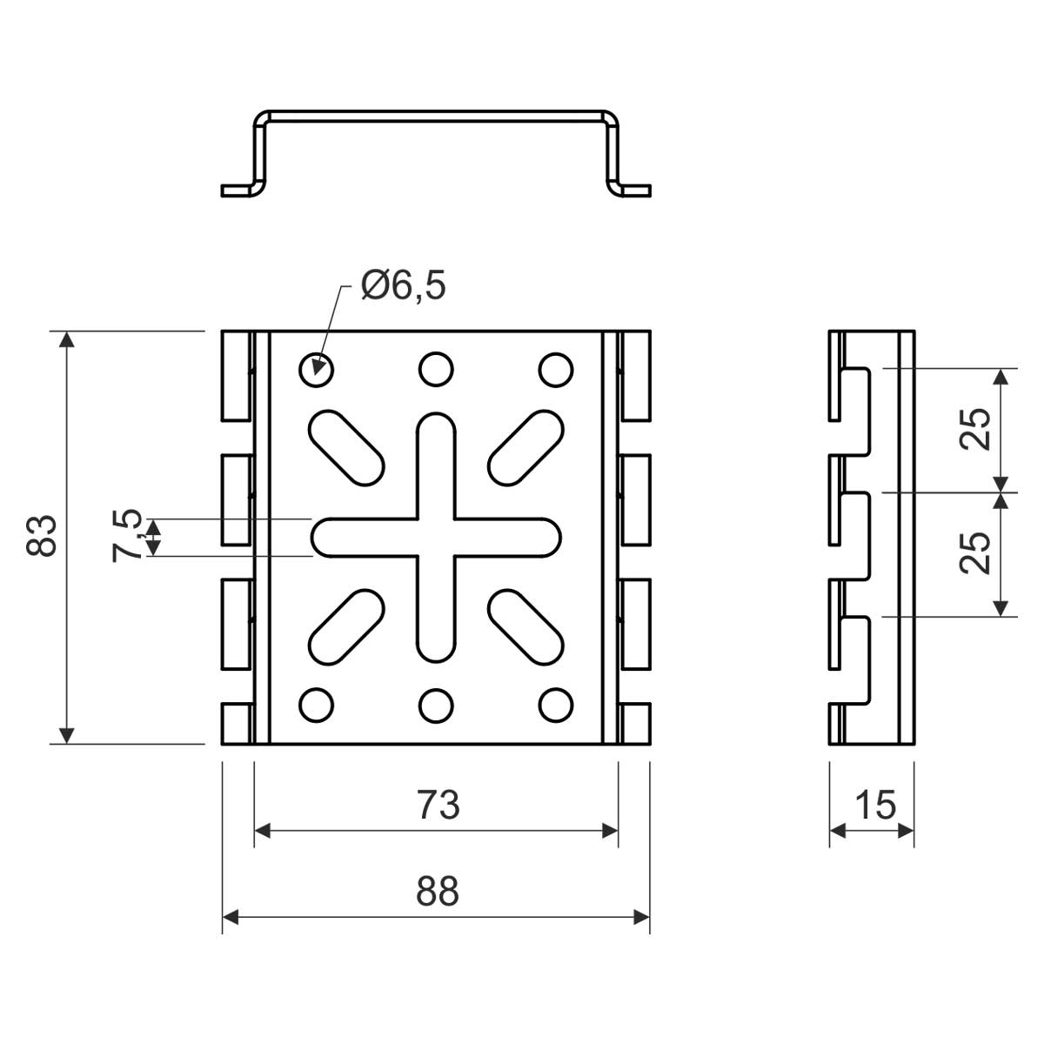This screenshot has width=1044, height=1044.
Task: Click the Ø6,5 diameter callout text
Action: (x=403, y=285)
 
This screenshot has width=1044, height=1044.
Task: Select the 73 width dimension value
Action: (x=437, y=806)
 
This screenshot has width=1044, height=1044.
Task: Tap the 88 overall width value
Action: (x=437, y=892)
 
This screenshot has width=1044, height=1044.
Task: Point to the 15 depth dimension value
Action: (x=874, y=806)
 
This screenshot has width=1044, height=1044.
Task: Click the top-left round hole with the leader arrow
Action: (x=317, y=369)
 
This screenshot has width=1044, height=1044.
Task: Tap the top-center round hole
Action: (x=436, y=369)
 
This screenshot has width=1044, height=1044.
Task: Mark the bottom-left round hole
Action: (x=317, y=705)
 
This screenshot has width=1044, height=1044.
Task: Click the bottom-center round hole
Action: (x=436, y=705)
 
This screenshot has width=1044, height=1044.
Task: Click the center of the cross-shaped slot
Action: (x=436, y=537)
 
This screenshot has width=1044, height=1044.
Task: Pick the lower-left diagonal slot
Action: (x=346, y=627)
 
